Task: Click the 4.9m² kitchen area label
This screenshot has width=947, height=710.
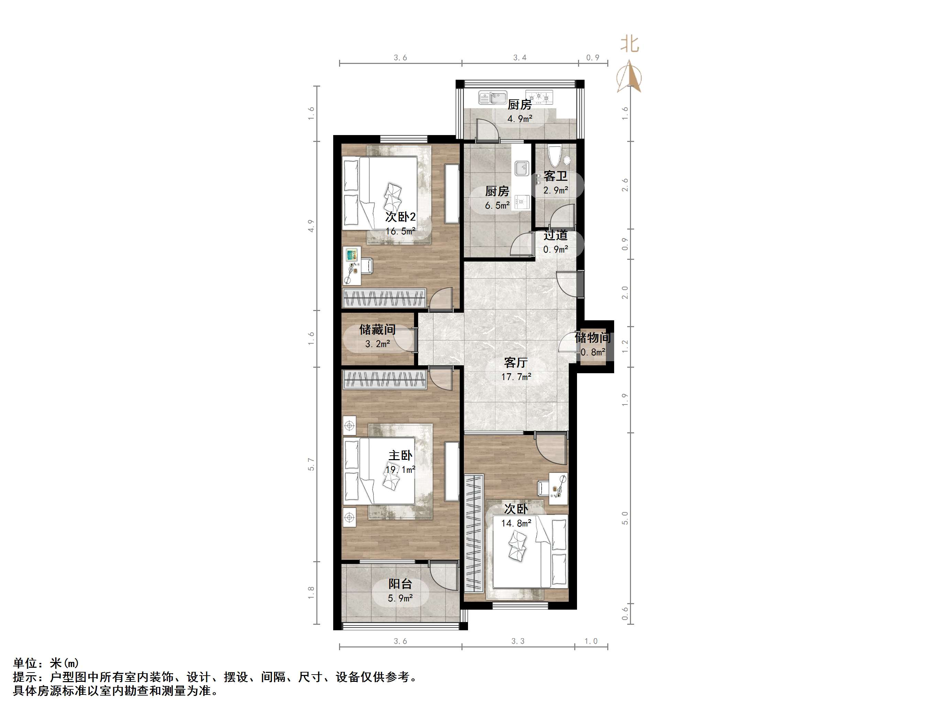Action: coord(520,119)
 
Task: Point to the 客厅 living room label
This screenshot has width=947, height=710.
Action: coord(516,363)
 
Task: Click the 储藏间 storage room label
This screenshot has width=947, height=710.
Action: coord(377,330)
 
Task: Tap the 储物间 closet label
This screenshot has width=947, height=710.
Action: coord(592,338)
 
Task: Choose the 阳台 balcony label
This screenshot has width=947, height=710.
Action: coord(400,584)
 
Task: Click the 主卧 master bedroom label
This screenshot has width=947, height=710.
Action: coord(400,455)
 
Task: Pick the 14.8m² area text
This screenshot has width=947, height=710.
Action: coord(516,523)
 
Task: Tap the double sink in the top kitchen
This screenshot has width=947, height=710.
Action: coord(493,98)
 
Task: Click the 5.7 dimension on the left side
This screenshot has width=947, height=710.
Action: coord(311,464)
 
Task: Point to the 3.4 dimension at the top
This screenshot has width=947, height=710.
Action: coord(520,58)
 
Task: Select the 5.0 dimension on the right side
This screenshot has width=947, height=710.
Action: coord(625,518)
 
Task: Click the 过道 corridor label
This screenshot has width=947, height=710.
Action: coord(556,235)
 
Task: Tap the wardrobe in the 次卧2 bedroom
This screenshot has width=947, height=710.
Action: coord(384,298)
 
